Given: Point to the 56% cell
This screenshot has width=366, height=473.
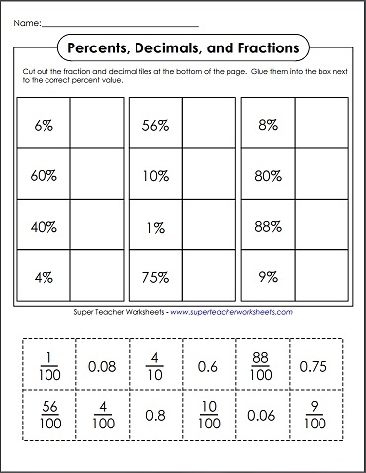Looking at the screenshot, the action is click(x=154, y=126).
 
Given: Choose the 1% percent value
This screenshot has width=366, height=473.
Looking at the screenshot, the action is click(x=154, y=227).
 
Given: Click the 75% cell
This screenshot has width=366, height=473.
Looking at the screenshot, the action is click(x=154, y=277).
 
